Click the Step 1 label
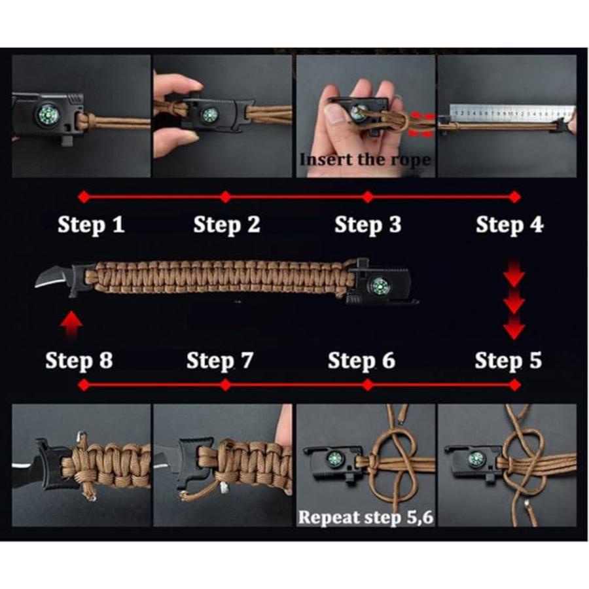coord(91,224)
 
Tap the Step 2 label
coord(226,224)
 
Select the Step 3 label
coord(368,224)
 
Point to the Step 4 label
coord(509,224)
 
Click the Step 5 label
coord(509,361)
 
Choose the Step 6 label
coord(361,361)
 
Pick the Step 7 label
coord(220,361)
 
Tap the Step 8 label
coord(79,361)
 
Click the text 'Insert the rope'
coord(365,160)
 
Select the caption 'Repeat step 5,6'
coord(366,517)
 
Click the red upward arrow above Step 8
coord(72,325)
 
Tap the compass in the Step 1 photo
coord(48,115)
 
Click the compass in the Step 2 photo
coord(209,115)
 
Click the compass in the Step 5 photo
coord(476,459)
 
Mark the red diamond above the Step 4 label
coord(514,197)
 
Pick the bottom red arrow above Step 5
coord(514,328)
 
